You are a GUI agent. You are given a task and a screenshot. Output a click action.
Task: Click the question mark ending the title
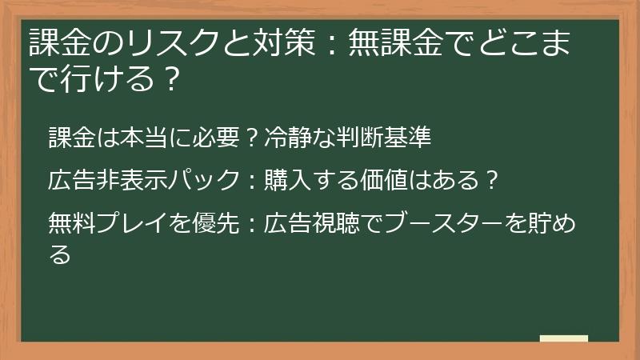tap(167, 78)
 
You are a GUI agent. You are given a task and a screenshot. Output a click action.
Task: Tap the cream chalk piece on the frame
tap(564, 338)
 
